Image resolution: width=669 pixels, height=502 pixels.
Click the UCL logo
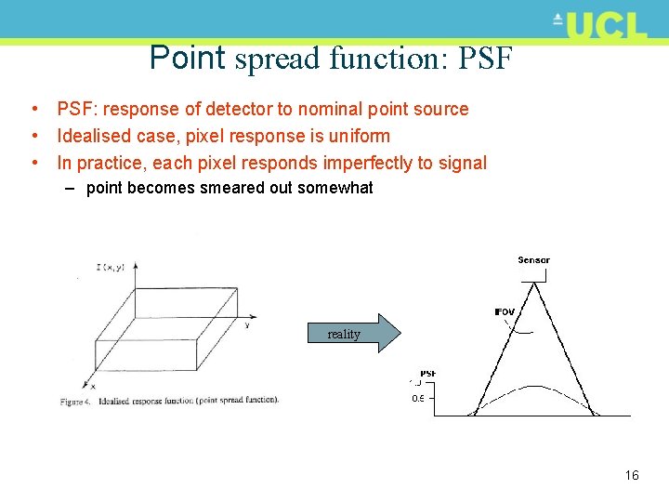click(x=599, y=25)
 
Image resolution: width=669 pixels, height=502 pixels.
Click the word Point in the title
click(x=187, y=58)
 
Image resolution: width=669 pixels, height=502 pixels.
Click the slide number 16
click(x=632, y=475)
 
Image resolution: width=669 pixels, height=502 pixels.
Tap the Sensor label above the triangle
click(x=533, y=260)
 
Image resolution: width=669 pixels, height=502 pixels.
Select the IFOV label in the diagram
click(x=504, y=312)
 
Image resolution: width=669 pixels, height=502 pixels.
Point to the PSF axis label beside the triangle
click(x=427, y=374)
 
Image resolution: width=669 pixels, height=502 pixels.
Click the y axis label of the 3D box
click(x=246, y=324)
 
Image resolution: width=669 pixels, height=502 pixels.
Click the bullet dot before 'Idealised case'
click(x=33, y=137)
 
